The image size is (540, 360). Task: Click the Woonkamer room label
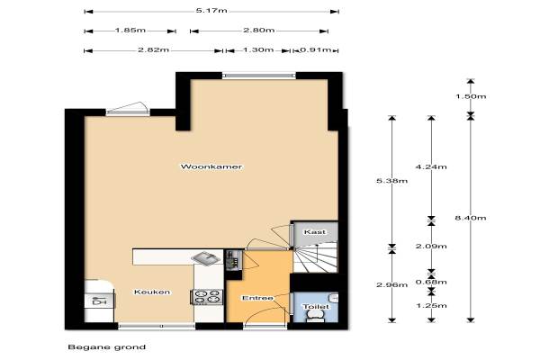click(211, 166)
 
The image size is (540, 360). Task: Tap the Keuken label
click(152, 292)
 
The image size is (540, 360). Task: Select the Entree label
click(257, 298)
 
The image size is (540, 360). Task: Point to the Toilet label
click(316, 307)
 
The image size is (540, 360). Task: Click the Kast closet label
click(315, 232)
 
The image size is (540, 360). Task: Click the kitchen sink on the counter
click(205, 258)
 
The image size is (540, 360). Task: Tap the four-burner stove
click(207, 297)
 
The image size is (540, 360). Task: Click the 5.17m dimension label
click(211, 10)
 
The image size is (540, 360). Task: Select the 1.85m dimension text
click(130, 30)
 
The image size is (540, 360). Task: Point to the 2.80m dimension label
click(259, 30)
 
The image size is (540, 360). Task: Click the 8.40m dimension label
click(471, 218)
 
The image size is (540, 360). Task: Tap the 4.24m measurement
click(431, 167)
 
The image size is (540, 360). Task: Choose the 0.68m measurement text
click(431, 282)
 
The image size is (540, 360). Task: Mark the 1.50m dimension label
click(471, 96)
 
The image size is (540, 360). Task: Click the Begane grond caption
click(107, 346)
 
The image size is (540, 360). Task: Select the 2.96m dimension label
click(391, 285)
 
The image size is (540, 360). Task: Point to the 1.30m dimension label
click(258, 49)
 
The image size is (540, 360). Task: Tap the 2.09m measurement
click(431, 246)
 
